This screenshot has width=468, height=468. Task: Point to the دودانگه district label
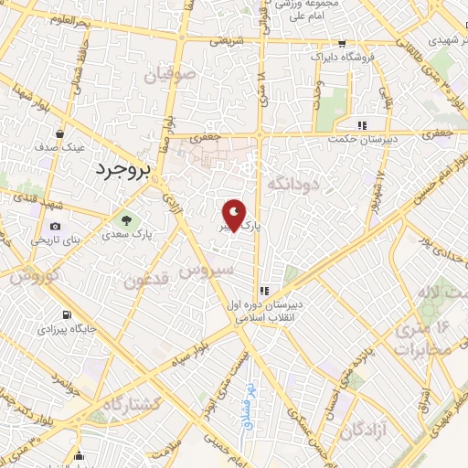pyautogui.click(x=298, y=184)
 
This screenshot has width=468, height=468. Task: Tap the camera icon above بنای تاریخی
pyautogui.click(x=56, y=227)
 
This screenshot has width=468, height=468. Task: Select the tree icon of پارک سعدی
pyautogui.click(x=126, y=220)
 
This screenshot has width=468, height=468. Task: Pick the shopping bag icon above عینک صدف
pyautogui.click(x=59, y=133)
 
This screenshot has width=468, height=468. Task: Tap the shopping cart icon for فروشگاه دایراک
pyautogui.click(x=342, y=43)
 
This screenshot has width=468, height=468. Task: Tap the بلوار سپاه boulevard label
pyautogui.click(x=204, y=351)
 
